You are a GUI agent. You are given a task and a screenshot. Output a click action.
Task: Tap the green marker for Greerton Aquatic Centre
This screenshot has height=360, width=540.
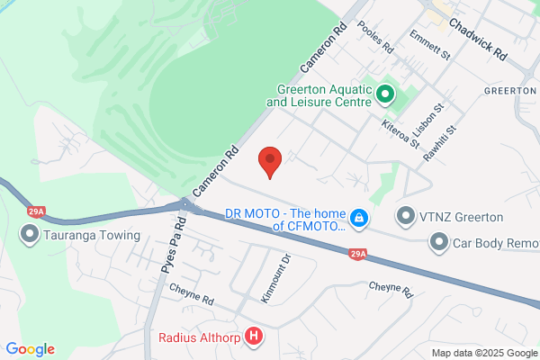click(x=385, y=93)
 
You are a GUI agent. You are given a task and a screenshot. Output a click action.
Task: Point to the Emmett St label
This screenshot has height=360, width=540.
click(x=429, y=48)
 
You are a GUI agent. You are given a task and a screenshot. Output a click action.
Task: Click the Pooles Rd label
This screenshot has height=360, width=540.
click(x=376, y=36)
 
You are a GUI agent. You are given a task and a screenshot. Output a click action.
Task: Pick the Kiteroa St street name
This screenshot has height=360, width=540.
click(x=400, y=133)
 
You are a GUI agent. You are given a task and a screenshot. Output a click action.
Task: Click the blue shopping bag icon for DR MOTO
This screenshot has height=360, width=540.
click(x=358, y=218)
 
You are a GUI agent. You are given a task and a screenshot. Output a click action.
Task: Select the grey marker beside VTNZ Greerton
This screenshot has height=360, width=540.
click(x=407, y=216)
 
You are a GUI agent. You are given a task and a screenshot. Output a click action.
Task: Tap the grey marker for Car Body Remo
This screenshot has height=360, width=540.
click(x=438, y=241)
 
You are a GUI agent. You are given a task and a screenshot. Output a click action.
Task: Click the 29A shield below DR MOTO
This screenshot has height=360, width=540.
click(x=357, y=256)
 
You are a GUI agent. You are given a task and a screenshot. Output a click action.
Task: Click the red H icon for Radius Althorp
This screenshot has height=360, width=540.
click(x=255, y=337)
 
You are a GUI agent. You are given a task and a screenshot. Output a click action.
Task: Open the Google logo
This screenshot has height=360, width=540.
click(x=30, y=349)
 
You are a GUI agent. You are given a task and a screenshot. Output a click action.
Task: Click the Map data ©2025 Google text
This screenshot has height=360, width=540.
click(x=482, y=352)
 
